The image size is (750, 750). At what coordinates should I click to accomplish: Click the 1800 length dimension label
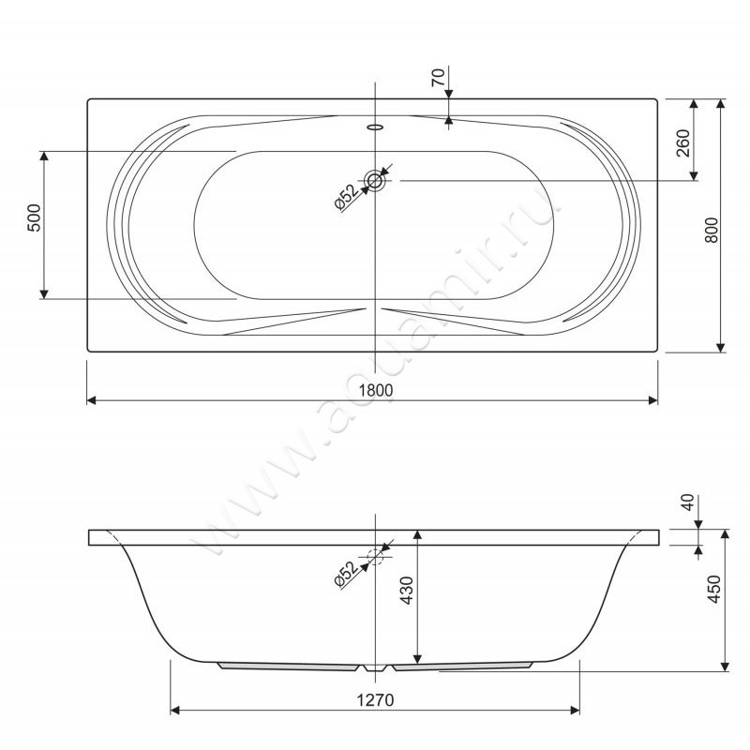(376, 390)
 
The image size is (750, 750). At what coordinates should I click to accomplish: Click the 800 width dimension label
(712, 230)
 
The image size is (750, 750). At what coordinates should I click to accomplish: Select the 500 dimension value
(35, 218)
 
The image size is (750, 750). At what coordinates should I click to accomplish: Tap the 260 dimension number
(683, 143)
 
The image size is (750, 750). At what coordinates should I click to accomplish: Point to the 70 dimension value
(438, 78)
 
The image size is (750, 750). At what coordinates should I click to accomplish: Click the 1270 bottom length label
(376, 700)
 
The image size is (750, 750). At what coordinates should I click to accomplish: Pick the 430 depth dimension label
(406, 591)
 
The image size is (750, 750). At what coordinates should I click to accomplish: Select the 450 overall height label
(713, 589)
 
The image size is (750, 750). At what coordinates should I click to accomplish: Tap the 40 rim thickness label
(687, 502)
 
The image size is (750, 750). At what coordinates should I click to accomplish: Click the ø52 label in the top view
(346, 197)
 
